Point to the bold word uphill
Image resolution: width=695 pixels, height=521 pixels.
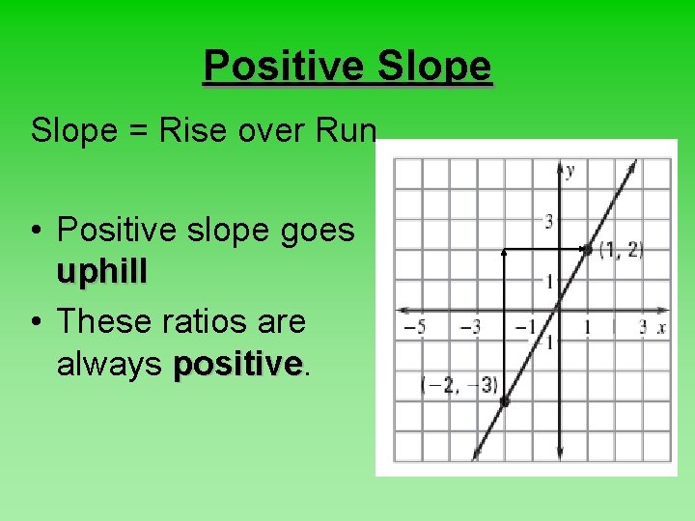(x=101, y=273)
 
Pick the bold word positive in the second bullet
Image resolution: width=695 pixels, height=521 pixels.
(x=237, y=364)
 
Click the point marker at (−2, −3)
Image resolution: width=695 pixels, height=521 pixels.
(x=504, y=401)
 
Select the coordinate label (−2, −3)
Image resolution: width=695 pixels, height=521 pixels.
(x=459, y=385)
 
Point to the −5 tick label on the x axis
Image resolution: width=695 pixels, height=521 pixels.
(x=414, y=328)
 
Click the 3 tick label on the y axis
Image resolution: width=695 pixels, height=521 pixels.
(x=548, y=223)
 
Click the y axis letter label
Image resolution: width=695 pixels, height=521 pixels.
(x=570, y=171)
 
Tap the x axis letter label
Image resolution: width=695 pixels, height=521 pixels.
(x=662, y=328)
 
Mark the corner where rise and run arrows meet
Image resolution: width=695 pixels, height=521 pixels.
(x=504, y=250)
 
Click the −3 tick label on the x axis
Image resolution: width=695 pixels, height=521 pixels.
(x=470, y=328)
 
